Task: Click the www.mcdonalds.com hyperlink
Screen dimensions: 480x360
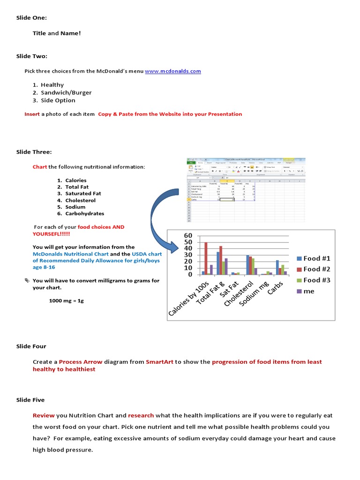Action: coord(172,71)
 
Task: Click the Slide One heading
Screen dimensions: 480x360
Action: coord(31,18)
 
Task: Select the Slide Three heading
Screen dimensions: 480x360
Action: coord(34,152)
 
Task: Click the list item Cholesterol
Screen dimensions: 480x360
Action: coord(80,200)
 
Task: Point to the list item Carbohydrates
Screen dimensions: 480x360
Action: coord(84,214)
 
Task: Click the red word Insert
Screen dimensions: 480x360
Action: coord(32,114)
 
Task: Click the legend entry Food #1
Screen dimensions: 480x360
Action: coord(316,258)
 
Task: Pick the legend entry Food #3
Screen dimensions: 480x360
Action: coord(316,280)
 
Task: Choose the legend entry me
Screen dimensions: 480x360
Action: coord(308,291)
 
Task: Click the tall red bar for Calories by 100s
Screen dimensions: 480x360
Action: coord(206,258)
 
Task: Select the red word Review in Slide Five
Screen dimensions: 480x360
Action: coord(44,415)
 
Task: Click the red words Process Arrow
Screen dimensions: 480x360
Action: coord(77,362)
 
